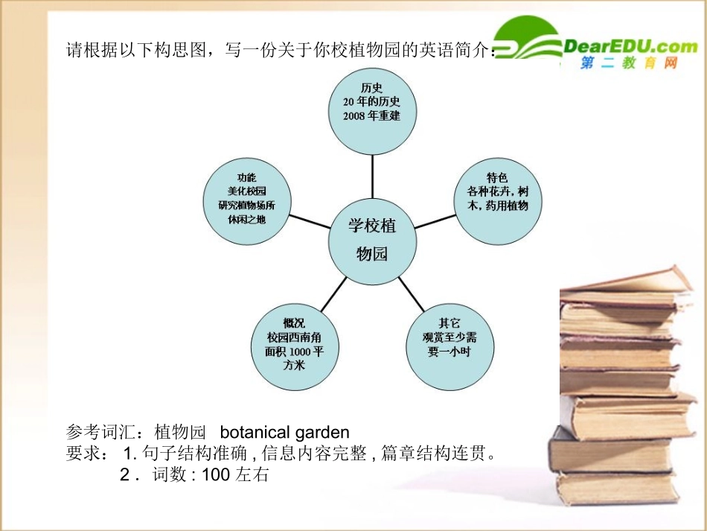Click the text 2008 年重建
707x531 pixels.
[372, 116]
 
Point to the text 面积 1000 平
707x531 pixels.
[295, 352]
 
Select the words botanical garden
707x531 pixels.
[284, 432]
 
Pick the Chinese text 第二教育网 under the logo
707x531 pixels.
[629, 65]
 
